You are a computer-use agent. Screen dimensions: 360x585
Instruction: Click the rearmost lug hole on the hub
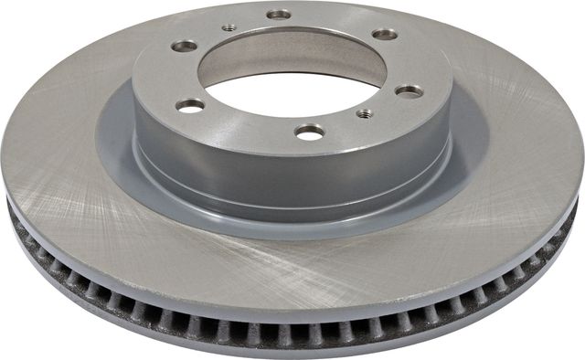[279, 15]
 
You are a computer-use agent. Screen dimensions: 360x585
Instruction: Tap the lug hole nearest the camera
[310, 131]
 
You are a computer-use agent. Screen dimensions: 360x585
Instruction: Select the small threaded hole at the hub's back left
[229, 27]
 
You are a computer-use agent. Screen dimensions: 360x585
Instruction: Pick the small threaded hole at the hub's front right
[365, 113]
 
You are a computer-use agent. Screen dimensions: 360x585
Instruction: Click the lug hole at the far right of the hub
[408, 90]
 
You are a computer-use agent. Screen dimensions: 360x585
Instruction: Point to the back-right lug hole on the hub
[385, 34]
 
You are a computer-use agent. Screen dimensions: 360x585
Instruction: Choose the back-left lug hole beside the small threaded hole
[185, 45]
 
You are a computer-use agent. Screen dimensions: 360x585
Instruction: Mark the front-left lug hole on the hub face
[190, 105]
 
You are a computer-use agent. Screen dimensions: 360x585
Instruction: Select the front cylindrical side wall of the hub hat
[292, 174]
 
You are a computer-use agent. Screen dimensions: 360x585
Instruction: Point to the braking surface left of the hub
[64, 146]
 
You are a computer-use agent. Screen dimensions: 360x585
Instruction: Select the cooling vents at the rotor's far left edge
[23, 228]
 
